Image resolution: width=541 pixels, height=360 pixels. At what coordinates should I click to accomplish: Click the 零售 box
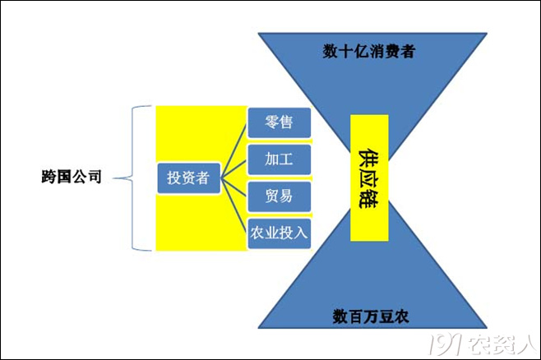pos(279,122)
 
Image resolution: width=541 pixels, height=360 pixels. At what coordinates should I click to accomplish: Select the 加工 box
pos(279,159)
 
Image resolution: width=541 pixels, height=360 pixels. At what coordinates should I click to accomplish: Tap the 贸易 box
pos(279,196)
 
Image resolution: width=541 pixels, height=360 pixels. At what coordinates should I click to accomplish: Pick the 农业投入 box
pos(279,233)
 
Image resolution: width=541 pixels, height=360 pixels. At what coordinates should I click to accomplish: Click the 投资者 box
pos(189,178)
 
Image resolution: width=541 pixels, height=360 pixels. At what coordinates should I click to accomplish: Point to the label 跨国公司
pos(72,177)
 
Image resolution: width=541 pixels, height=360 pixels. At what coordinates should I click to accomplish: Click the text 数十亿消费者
pos(369,52)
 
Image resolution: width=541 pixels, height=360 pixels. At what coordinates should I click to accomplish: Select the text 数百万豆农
pos(371,316)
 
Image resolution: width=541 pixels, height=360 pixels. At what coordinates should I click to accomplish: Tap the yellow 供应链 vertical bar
pos(369,178)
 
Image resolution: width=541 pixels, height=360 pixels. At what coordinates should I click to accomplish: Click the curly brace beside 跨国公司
pos(132,178)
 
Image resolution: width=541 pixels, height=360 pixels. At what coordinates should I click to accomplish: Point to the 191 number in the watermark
pos(445,344)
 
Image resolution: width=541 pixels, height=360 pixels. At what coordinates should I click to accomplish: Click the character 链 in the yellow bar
pos(368,199)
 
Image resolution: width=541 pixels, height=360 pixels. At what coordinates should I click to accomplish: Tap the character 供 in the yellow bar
pos(368,158)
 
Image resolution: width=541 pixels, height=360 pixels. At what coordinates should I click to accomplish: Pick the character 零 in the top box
pos(272,122)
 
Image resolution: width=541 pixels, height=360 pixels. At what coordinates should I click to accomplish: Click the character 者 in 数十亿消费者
pos(408,52)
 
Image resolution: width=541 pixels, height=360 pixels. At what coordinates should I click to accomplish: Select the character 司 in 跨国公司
pos(95,177)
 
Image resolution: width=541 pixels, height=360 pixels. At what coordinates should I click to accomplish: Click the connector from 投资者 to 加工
pos(234,169)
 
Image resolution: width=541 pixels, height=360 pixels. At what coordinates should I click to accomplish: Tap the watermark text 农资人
pos(502,344)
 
